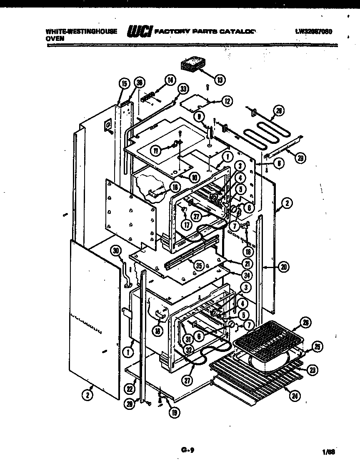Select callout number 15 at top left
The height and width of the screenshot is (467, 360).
pos(123,83)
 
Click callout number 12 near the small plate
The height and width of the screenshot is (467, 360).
pos(226,100)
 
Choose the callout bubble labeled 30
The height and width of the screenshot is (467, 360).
pos(116,250)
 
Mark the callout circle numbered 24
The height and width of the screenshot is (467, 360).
pos(295,396)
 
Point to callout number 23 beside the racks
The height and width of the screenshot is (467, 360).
pos(311,369)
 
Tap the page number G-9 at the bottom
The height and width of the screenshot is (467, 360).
pos(188,449)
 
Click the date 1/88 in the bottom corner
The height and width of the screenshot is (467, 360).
pos(328,451)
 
